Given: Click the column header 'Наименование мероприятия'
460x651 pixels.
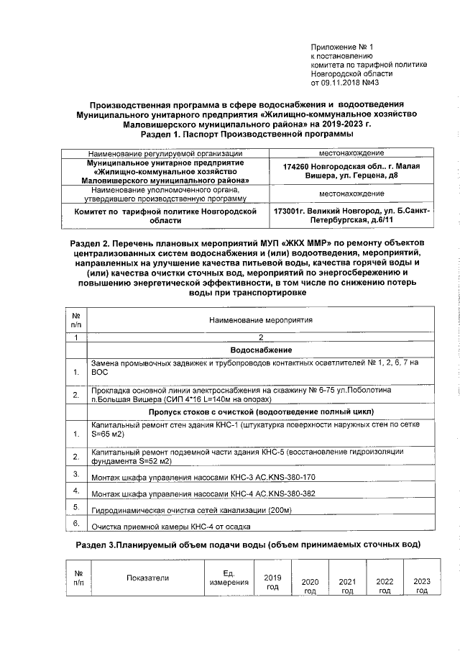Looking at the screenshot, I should (261, 319).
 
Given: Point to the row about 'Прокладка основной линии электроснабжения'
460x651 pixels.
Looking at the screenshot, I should (241, 393).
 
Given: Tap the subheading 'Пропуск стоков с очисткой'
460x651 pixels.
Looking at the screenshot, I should (261, 411).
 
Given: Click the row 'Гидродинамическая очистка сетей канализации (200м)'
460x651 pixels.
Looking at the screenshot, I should (190, 511).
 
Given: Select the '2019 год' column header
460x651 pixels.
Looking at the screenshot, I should (272, 582).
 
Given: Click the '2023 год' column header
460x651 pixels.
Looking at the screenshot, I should (422, 586).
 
